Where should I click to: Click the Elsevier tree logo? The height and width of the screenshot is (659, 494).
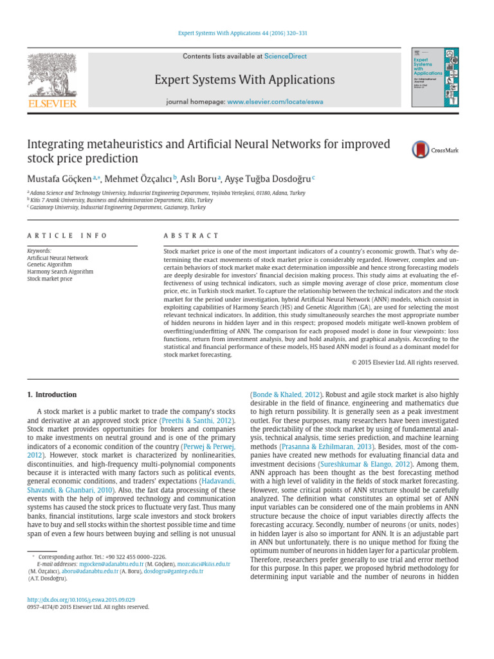click(51, 75)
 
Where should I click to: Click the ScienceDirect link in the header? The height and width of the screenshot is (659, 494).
click(286, 57)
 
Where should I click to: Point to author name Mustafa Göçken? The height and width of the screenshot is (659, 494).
click(59, 179)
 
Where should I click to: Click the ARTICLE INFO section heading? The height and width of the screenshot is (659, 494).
click(67, 236)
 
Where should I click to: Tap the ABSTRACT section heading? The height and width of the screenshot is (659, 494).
click(191, 236)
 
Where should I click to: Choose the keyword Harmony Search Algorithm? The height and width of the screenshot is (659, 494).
click(60, 272)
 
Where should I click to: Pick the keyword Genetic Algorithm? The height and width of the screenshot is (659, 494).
click(50, 265)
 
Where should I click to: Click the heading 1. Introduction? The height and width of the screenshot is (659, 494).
click(52, 394)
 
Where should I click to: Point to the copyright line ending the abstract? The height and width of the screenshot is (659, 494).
click(405, 362)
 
